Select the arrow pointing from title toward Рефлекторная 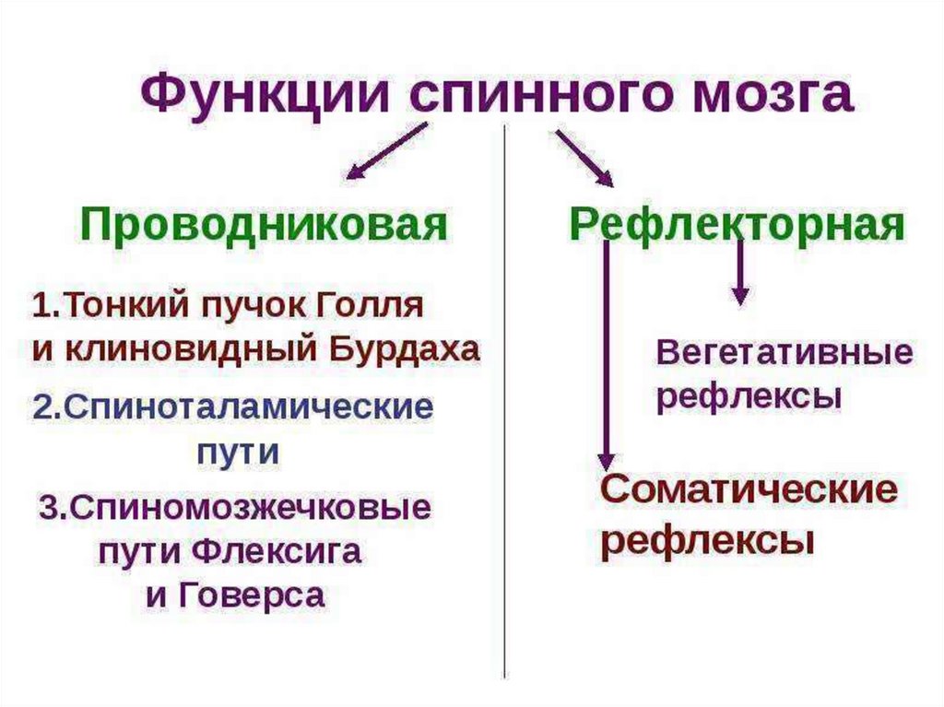tap(584, 157)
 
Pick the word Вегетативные tap(784, 353)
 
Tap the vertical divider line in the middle tap(504, 415)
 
